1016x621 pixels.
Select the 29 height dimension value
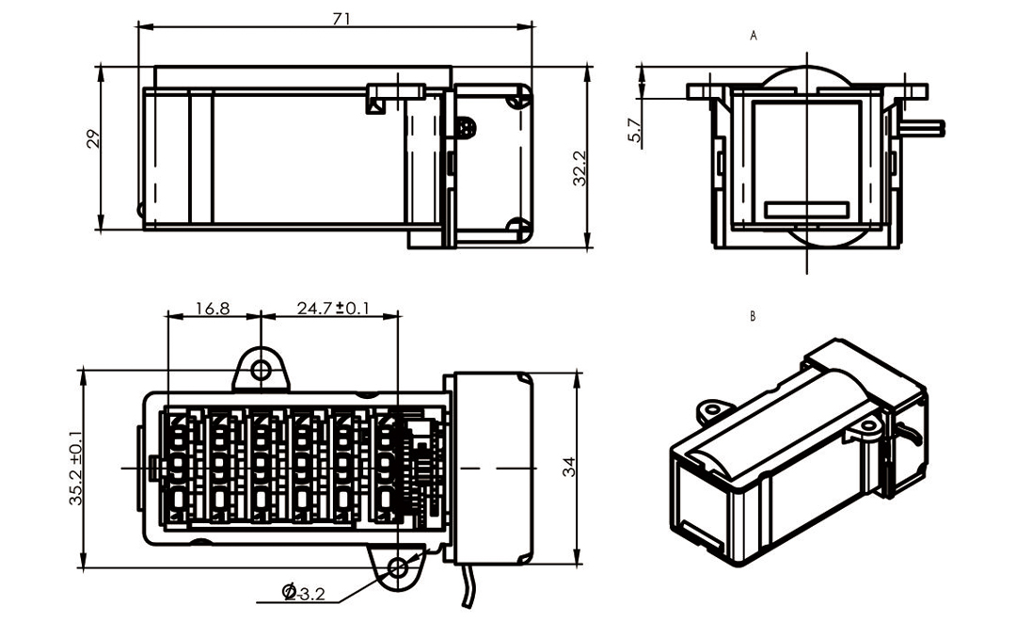[92, 140]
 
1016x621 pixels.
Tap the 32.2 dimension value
[580, 167]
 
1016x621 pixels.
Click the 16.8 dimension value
[212, 308]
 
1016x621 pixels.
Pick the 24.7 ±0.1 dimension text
[332, 308]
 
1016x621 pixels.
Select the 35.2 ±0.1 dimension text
[75, 470]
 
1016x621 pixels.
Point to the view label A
[754, 36]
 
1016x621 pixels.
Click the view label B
[753, 317]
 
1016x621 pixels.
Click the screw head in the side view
[466, 126]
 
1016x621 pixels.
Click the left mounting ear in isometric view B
[713, 410]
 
